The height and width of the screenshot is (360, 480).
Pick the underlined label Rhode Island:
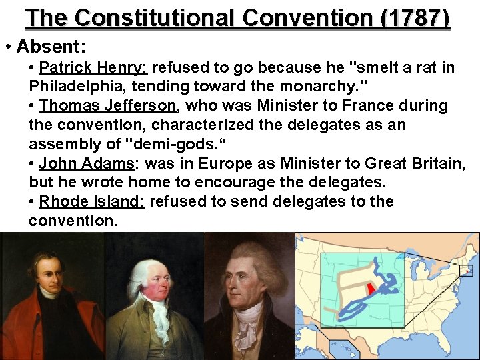coord(92,201)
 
